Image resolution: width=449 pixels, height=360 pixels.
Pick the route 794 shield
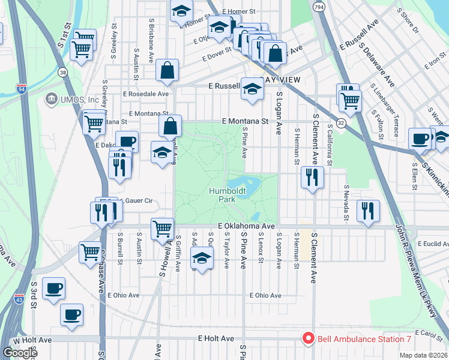pos(319,7)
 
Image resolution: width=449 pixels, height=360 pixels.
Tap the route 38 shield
pos(63,72)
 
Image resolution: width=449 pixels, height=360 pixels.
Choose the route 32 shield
pos(341,122)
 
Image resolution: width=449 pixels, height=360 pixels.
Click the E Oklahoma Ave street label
pos(246,226)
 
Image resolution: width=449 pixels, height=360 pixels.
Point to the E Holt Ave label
pos(216,338)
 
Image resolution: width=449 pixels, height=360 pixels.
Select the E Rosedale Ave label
pos(146,94)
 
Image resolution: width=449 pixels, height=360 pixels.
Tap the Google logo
pos(20,353)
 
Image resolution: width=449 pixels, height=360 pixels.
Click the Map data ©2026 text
pos(423,355)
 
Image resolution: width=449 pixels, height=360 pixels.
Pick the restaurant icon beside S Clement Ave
pos(312,177)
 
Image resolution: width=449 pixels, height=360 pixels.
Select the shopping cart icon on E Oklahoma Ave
pos(163,228)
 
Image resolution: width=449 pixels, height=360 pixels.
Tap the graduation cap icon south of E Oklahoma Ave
pos(202,259)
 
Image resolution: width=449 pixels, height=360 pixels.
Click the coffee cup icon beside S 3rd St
pos(54,288)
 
